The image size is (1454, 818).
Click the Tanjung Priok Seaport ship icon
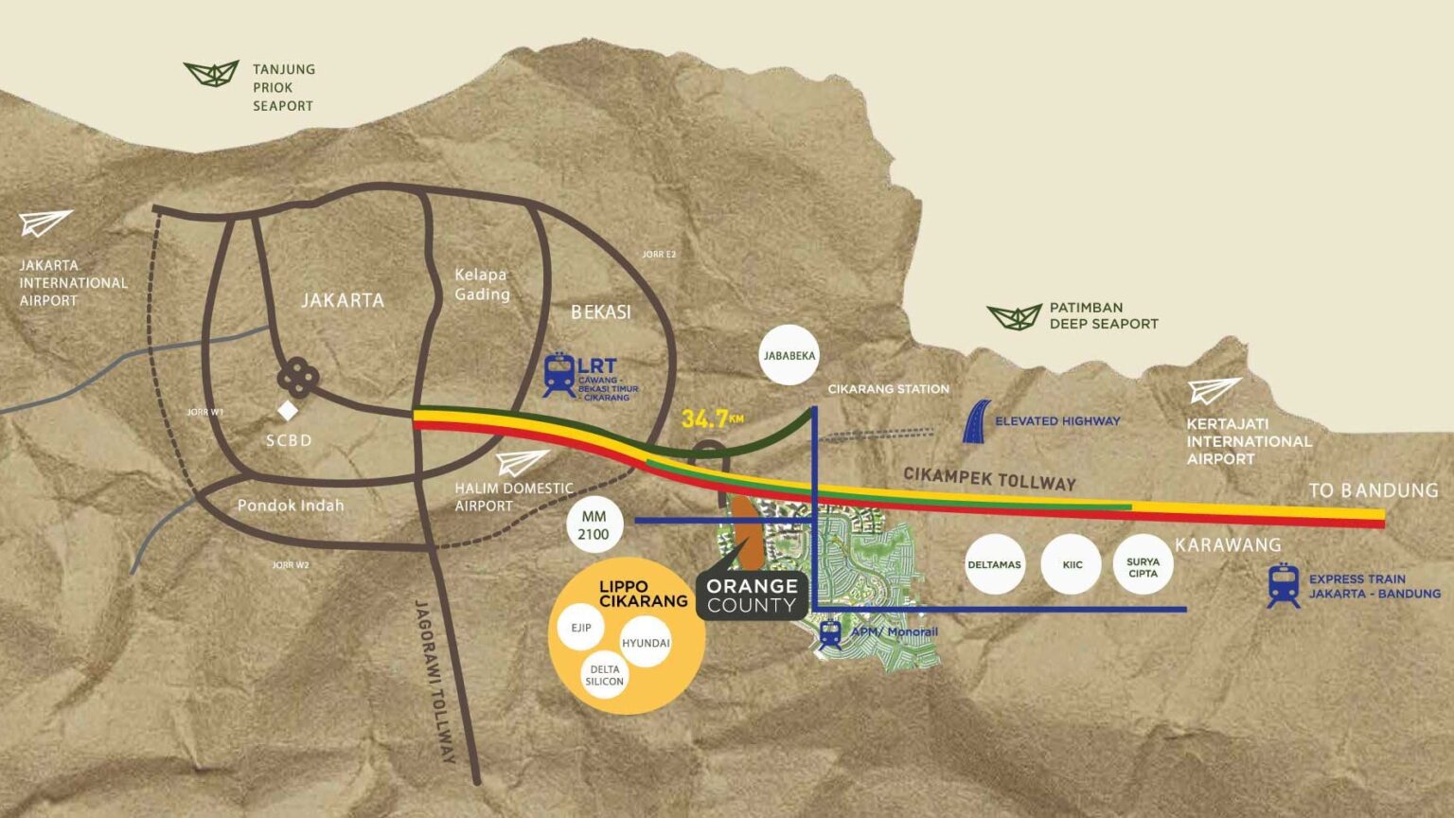pyautogui.click(x=211, y=73)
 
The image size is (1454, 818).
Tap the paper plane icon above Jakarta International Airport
pyautogui.click(x=44, y=222)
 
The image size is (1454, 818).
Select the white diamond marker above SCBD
pyautogui.click(x=288, y=410)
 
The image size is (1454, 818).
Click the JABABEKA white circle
pyautogui.click(x=789, y=355)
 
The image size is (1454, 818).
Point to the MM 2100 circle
pyautogui.click(x=594, y=525)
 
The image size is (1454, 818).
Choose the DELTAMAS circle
pyautogui.click(x=995, y=565)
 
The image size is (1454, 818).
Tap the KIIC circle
pyautogui.click(x=1072, y=565)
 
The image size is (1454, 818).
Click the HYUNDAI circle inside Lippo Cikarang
pyautogui.click(x=646, y=643)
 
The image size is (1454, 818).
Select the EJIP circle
pyautogui.click(x=581, y=628)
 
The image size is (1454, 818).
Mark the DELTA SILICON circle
pyautogui.click(x=604, y=675)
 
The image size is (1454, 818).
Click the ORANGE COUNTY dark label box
pyautogui.click(x=752, y=596)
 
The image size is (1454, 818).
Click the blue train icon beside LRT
pyautogui.click(x=559, y=375)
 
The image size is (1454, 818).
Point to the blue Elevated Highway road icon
pyautogui.click(x=976, y=421)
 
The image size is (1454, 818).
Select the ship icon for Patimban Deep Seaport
pyautogui.click(x=1015, y=317)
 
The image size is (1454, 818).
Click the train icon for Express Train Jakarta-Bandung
pyautogui.click(x=1284, y=586)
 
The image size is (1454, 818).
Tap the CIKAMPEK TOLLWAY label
pyautogui.click(x=990, y=479)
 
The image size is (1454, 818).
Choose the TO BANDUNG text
pyautogui.click(x=1374, y=490)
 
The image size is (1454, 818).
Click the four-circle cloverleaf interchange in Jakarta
pyautogui.click(x=298, y=377)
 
